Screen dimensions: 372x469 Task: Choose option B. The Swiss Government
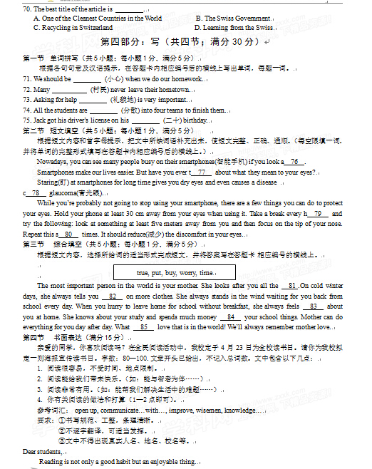(232, 19)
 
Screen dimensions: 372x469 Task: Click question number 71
(27, 79)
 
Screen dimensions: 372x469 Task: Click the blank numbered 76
(294, 163)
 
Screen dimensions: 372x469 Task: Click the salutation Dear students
(42, 451)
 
